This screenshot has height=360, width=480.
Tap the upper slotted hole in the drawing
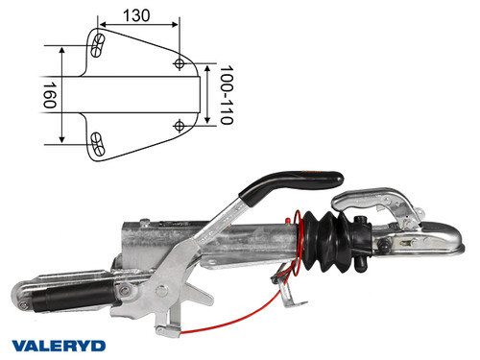coord(97,43)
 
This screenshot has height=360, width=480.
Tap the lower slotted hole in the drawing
coord(97,143)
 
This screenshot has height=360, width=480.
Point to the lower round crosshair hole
coord(180,125)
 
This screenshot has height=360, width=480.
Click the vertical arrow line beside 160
coord(63,94)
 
